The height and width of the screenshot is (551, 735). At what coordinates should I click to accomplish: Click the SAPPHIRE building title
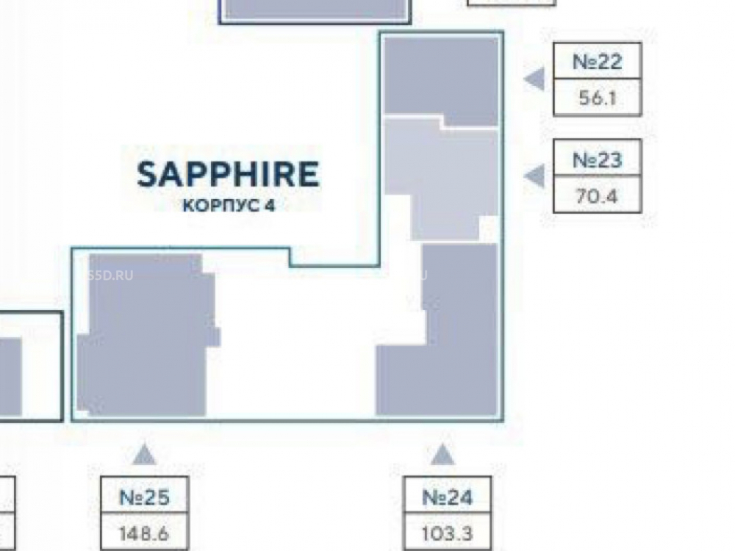228,175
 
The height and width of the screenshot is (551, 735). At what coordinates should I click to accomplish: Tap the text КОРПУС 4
228,206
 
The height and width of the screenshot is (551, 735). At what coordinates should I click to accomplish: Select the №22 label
597,62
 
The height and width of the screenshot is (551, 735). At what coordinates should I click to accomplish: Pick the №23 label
597,159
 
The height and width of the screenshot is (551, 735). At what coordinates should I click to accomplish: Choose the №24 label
447,497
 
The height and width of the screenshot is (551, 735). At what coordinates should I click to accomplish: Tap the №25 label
144,497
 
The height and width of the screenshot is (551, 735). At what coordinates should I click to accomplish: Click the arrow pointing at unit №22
535,79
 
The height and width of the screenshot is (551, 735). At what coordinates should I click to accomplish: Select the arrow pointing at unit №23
535,176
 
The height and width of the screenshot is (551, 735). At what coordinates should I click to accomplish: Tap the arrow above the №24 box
442,455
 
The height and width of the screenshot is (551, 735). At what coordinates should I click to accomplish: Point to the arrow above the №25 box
144,455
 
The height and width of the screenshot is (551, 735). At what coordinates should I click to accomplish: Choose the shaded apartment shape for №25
147,338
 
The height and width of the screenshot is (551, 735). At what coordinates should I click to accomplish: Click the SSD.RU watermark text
110,276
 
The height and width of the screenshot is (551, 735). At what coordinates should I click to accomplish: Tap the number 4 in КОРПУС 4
270,206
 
